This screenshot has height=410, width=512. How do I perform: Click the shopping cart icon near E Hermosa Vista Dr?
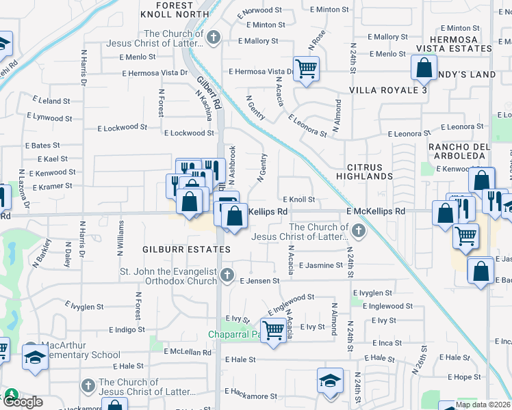[x=306, y=68]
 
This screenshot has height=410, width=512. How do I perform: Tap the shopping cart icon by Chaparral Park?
[x=273, y=330]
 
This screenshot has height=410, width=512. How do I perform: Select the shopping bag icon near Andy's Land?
[x=424, y=67]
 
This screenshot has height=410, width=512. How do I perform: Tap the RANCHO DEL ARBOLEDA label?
[x=459, y=152]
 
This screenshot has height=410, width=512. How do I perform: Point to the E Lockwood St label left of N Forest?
[x=123, y=127]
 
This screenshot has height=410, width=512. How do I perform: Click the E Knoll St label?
[x=298, y=200]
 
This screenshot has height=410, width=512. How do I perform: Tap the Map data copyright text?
[x=483, y=405]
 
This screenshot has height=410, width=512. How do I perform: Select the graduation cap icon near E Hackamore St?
[x=330, y=380]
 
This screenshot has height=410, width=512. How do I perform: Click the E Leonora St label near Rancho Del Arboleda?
[x=462, y=127]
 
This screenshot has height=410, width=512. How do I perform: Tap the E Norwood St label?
[x=259, y=10]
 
